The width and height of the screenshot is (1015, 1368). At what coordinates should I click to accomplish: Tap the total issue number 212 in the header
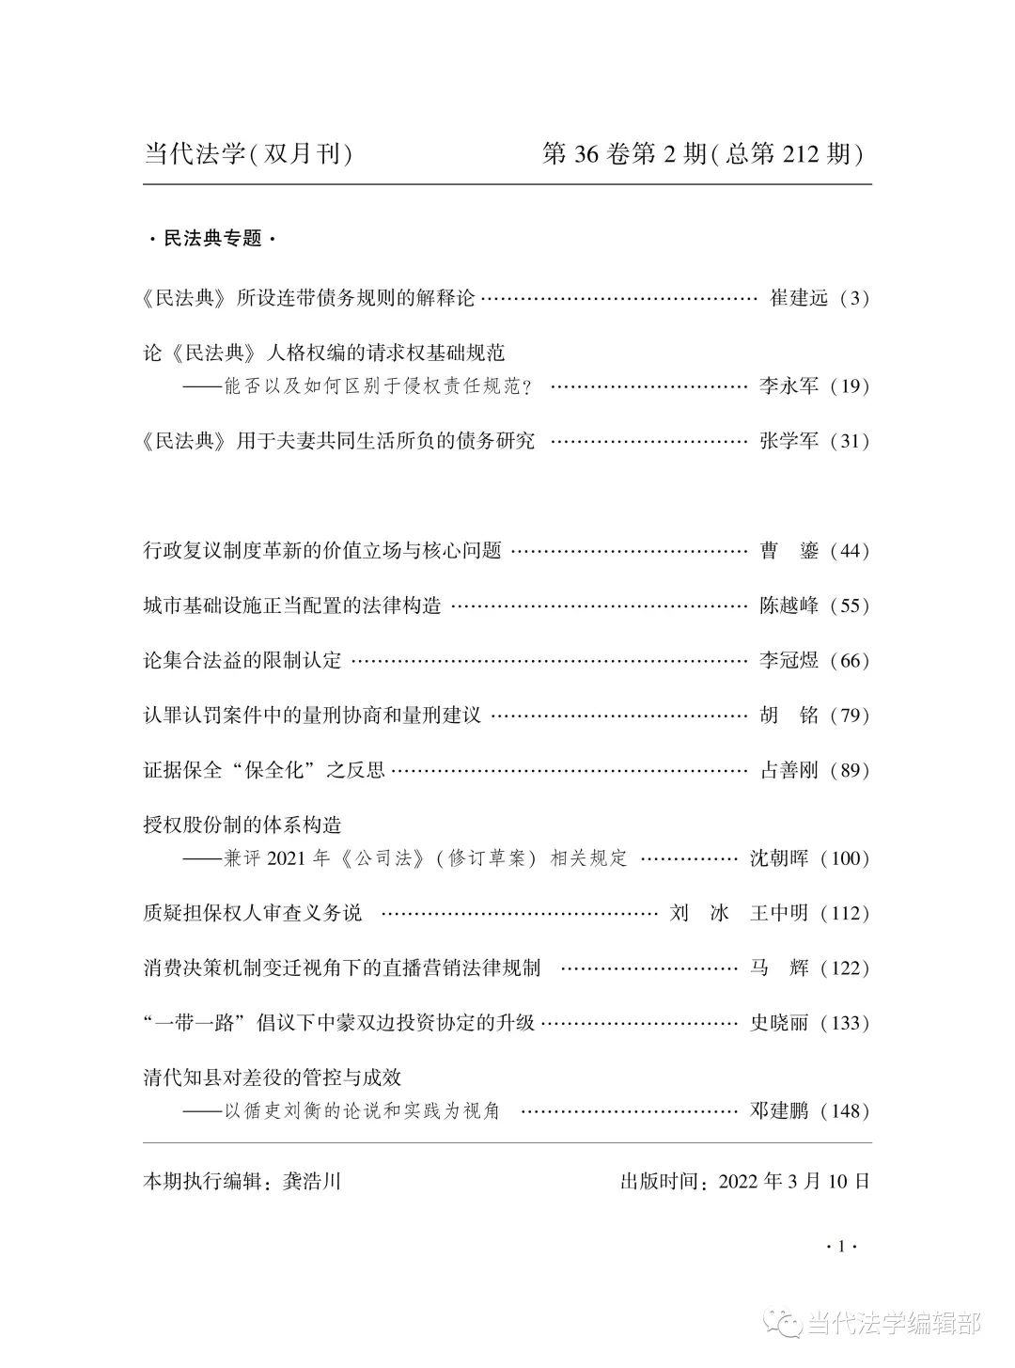(x=802, y=153)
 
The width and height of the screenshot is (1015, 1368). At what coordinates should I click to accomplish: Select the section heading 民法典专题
(x=213, y=239)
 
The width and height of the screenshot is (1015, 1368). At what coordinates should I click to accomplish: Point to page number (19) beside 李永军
(x=851, y=385)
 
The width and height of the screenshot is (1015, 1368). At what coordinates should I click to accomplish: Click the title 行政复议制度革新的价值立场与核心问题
(x=321, y=551)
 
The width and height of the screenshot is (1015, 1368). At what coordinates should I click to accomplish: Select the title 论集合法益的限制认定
(x=242, y=660)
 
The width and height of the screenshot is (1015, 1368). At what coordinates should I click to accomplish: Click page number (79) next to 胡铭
(x=851, y=715)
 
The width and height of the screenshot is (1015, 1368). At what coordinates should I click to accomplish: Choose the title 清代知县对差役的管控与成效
(x=272, y=1077)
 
